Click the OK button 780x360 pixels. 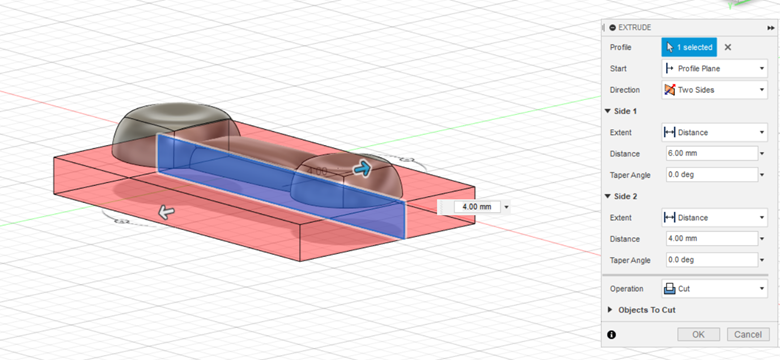698,334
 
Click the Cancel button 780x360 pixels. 745,334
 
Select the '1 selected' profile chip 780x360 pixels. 688,47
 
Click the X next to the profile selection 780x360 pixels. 728,47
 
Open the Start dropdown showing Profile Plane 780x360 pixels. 713,68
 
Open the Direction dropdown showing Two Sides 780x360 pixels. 713,89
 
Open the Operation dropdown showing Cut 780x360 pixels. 713,288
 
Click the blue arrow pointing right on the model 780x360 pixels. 362,170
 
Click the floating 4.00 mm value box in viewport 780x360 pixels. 472,207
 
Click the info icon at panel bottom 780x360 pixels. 611,334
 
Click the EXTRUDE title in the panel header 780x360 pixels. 640,27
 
